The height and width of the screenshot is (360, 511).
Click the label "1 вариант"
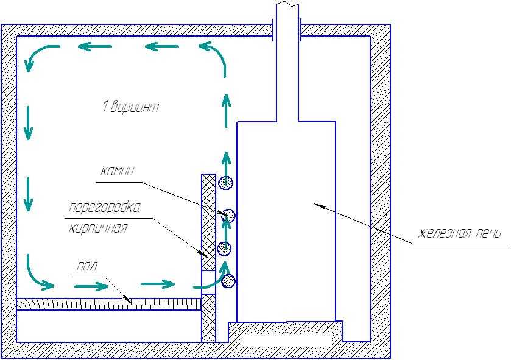coord(131,107)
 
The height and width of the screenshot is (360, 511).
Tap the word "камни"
coord(117,171)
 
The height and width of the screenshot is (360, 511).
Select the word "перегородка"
coord(105,208)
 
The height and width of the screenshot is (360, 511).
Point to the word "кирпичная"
coord(98,228)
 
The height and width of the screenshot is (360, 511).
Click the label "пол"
coord(87,266)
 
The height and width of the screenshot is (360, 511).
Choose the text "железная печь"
coord(459,233)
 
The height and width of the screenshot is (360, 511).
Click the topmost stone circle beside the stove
coord(225,183)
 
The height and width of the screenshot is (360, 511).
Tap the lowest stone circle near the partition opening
coord(228,281)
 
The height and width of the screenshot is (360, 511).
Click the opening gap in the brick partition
coord(208,282)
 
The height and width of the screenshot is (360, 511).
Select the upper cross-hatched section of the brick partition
coord(208,222)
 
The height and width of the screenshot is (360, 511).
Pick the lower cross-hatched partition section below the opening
coord(208,319)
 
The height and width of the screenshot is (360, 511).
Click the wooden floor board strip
coord(109,304)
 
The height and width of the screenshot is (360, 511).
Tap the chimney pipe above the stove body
coord(287,62)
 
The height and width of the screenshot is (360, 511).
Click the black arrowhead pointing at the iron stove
coord(319,206)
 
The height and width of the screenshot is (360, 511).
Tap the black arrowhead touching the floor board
coord(125,298)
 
